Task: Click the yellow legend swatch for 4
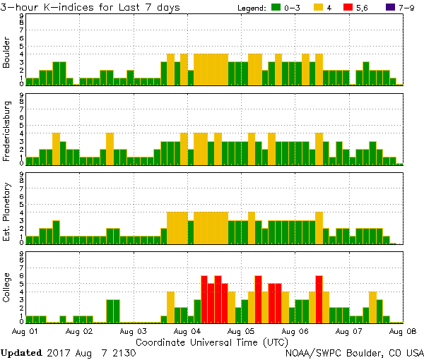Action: (x=319, y=8)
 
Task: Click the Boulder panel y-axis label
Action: (x=7, y=52)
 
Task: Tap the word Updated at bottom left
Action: (x=22, y=352)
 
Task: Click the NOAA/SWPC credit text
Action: (x=354, y=352)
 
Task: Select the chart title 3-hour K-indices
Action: (x=90, y=7)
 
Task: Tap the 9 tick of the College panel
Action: (x=22, y=253)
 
